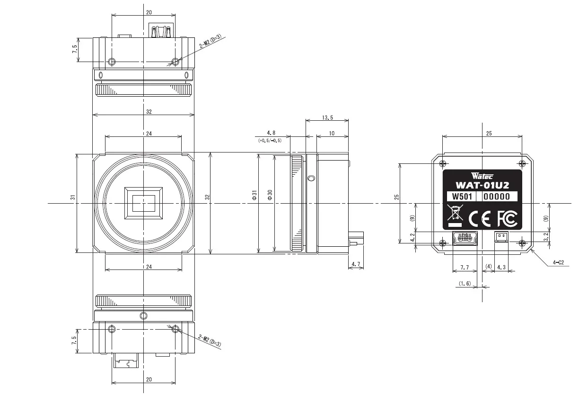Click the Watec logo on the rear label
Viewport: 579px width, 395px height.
(482, 176)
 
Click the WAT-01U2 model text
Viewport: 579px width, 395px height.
(482, 185)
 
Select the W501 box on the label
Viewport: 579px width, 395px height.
(462, 197)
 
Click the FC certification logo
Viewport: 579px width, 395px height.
(507, 219)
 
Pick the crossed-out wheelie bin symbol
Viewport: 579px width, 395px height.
(455, 215)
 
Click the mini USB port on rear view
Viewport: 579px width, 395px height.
(465, 238)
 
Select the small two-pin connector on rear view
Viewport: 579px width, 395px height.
(501, 236)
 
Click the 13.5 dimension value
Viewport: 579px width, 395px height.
(327, 117)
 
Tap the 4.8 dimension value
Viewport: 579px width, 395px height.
(271, 133)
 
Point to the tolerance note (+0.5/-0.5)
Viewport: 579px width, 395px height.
(270, 140)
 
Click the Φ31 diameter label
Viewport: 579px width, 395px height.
(254, 195)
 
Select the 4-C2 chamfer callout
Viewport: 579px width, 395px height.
(558, 262)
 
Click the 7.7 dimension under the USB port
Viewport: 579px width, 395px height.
(465, 267)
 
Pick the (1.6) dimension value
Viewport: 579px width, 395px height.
(465, 283)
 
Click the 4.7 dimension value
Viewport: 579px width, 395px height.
(356, 264)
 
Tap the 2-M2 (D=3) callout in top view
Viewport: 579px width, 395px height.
(211, 41)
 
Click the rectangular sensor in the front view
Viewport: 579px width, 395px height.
(143, 203)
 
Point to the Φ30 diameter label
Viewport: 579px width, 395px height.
(270, 195)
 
